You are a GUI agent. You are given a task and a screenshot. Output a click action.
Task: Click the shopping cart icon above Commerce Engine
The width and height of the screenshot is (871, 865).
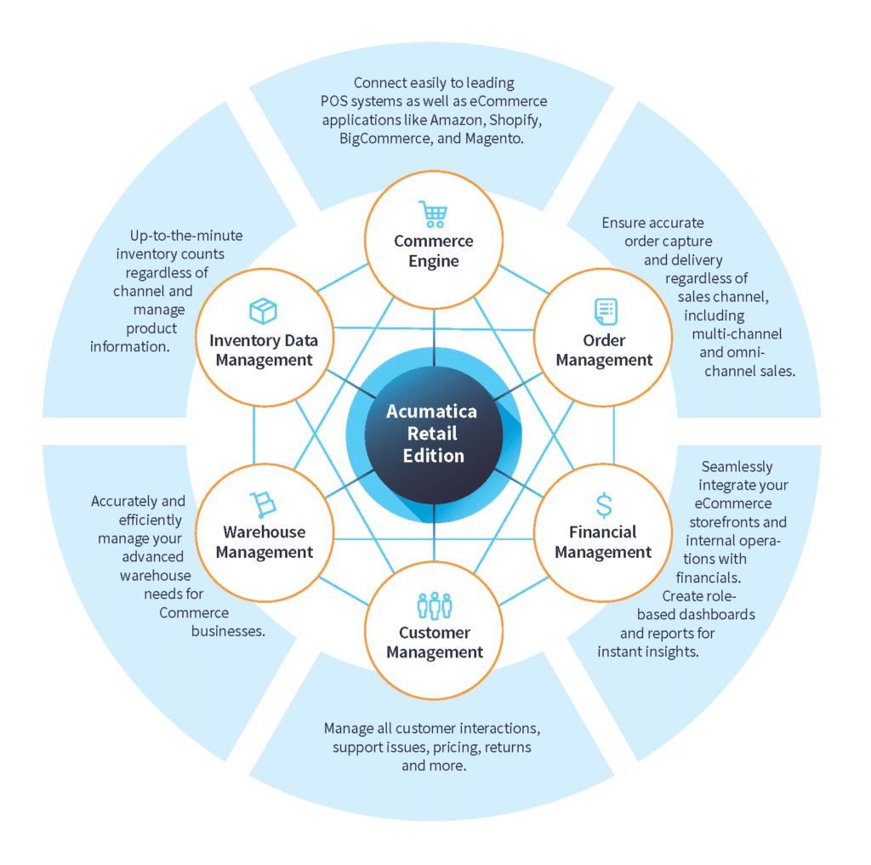pyautogui.click(x=433, y=213)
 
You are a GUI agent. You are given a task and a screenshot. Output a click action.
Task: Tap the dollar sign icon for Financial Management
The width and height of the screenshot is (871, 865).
pyautogui.click(x=603, y=505)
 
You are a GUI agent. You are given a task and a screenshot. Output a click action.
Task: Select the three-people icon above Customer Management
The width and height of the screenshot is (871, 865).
pyautogui.click(x=434, y=606)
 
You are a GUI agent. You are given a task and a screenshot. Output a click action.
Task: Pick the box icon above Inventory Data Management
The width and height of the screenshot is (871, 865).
pyautogui.click(x=263, y=311)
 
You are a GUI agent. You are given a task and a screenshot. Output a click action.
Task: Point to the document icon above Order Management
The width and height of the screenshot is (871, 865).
pyautogui.click(x=606, y=311)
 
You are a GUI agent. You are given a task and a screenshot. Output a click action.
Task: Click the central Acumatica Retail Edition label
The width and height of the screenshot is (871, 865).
pyautogui.click(x=433, y=433)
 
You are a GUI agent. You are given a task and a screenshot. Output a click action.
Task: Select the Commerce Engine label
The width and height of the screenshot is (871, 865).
pyautogui.click(x=433, y=251)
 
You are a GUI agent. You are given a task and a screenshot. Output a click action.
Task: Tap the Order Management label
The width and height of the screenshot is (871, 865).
pyautogui.click(x=604, y=350)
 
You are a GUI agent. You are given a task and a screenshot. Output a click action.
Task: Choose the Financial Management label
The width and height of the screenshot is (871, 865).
pyautogui.click(x=603, y=542)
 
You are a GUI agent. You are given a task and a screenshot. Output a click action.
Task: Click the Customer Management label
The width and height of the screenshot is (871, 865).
pyautogui.click(x=434, y=642)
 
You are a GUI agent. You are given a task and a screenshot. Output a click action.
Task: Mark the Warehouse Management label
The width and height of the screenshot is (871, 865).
pyautogui.click(x=264, y=542)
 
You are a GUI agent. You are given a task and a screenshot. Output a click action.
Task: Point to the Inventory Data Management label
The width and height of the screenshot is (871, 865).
pyautogui.click(x=264, y=350)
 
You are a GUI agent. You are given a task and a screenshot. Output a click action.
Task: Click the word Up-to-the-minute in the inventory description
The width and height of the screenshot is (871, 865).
pyautogui.click(x=186, y=236)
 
